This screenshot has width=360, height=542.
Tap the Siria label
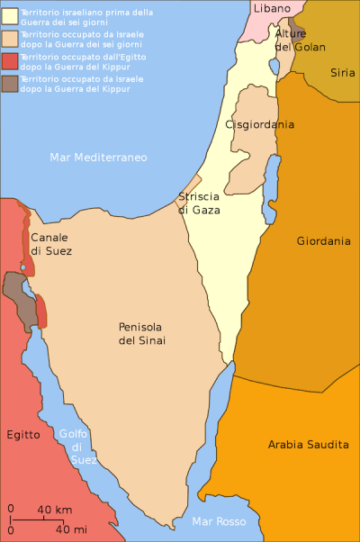coord(342,72)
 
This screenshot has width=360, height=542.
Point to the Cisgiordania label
coord(260,124)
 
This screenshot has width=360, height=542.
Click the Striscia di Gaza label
coord(197,203)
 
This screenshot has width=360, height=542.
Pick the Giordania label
coord(323,241)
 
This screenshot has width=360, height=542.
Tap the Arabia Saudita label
coord(308,445)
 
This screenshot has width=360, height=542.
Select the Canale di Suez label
coord(50,244)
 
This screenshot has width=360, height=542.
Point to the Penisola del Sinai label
coord(142,333)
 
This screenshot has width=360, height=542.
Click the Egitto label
coord(23,435)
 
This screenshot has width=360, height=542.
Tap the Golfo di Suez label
coord(77,447)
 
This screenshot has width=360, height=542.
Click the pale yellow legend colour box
coord(8,14)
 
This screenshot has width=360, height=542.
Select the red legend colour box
coord(8,60)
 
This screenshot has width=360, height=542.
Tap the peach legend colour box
coord(8,37)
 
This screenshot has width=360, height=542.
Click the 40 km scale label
coord(54,510)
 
